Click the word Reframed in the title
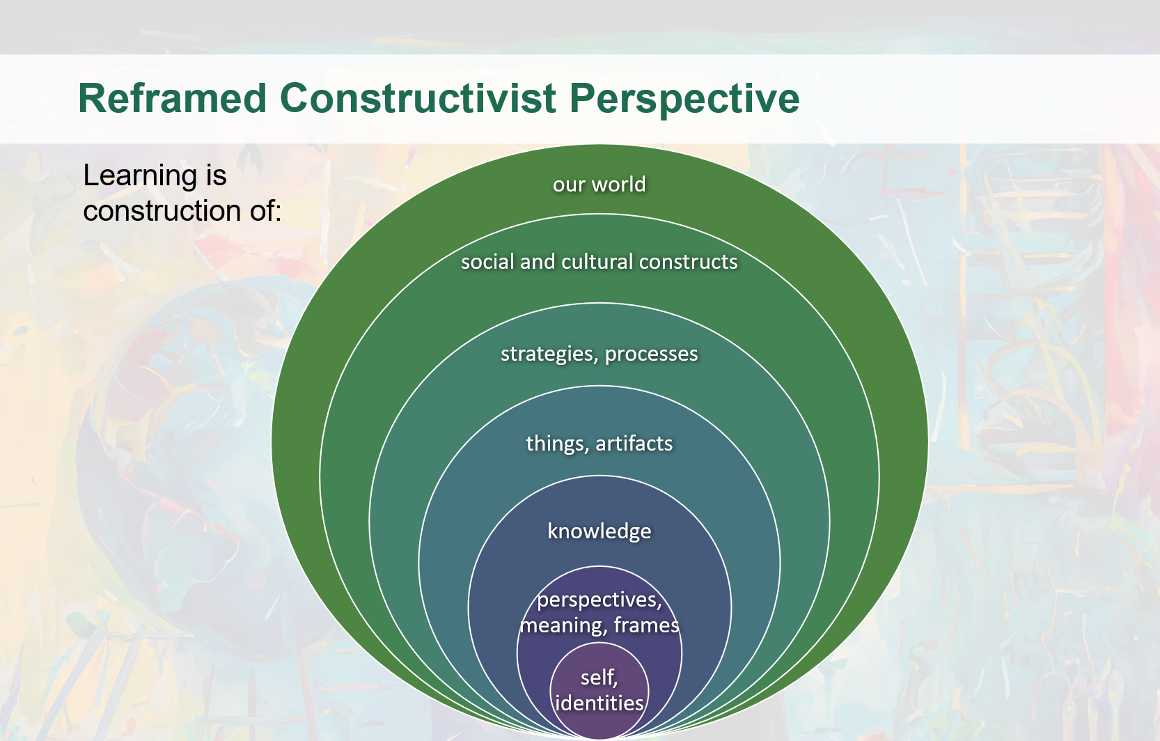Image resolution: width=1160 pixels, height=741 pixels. (x=172, y=98)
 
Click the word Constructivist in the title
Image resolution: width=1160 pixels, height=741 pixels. (x=418, y=98)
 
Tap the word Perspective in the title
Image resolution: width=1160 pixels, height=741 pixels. (x=684, y=98)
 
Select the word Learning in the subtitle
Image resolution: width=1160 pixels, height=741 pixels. (x=140, y=176)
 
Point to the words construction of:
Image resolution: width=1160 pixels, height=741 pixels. (x=182, y=211)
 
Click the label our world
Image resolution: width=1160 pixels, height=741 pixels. (x=599, y=185)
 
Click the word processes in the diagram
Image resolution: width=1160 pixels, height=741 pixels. (x=651, y=354)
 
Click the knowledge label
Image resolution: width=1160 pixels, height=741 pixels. (x=599, y=531)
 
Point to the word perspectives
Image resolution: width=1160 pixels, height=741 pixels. (x=599, y=600)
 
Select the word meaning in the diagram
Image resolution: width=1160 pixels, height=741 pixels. (x=562, y=625)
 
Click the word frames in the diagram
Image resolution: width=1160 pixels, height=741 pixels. (x=646, y=625)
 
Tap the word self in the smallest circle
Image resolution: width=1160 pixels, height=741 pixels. (x=597, y=677)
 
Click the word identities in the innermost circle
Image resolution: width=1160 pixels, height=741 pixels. (x=599, y=703)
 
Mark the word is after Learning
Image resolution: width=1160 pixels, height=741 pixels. (x=216, y=176)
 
